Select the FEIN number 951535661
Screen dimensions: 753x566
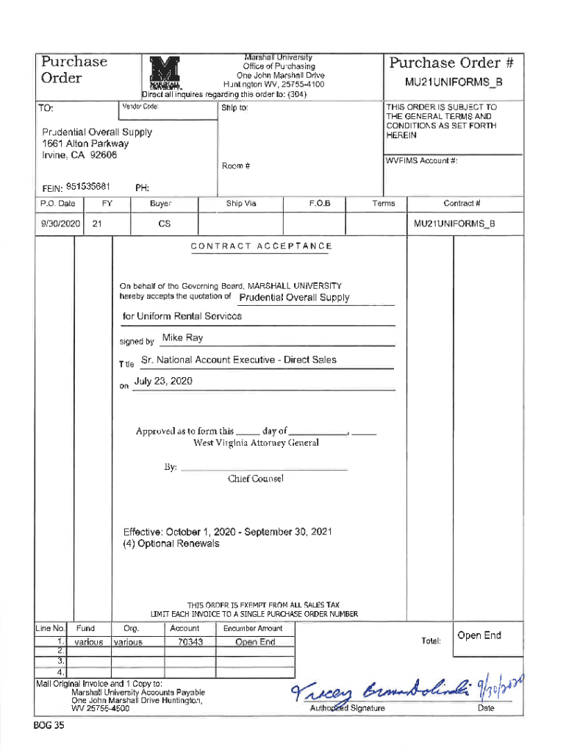tap(87, 186)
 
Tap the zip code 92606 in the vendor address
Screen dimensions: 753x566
tap(102, 155)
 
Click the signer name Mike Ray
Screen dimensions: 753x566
tap(182, 338)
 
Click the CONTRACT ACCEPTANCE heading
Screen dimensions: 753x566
tap(261, 246)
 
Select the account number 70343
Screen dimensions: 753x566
tap(190, 642)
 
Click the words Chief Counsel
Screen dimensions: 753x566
tap(255, 479)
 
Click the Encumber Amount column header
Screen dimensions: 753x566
tap(252, 629)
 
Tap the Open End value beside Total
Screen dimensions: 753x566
tap(479, 636)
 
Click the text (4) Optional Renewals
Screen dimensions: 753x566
tap(171, 544)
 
